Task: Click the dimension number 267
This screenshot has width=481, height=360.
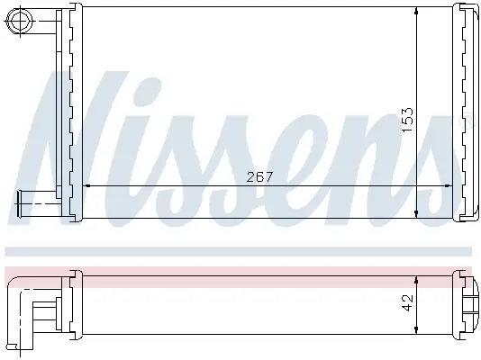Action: (x=259, y=176)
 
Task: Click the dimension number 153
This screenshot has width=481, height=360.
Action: (x=408, y=120)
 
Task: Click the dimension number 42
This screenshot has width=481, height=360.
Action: (x=408, y=302)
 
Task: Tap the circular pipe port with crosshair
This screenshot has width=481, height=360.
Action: (x=21, y=20)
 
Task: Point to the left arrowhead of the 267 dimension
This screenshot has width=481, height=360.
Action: (x=86, y=185)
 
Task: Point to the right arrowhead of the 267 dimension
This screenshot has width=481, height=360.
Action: (x=449, y=185)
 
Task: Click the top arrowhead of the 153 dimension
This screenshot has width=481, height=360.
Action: (x=416, y=11)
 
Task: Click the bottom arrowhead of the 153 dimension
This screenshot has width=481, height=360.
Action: (x=416, y=213)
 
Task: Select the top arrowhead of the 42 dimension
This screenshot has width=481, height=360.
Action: (x=416, y=280)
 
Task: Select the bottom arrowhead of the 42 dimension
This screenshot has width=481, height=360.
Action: (x=416, y=330)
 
